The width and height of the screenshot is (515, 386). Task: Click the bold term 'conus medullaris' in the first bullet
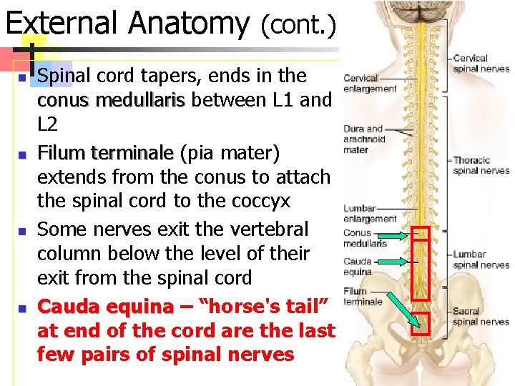[111, 100]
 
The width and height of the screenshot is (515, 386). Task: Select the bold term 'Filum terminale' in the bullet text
[105, 152]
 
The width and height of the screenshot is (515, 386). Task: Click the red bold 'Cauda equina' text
[105, 307]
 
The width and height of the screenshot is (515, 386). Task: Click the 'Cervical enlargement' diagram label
[370, 84]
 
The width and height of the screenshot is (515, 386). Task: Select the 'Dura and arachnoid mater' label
[364, 139]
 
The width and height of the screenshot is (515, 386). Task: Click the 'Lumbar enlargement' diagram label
[369, 214]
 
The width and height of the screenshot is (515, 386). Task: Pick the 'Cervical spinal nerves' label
[481, 64]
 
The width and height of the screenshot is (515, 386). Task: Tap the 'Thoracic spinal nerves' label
[481, 165]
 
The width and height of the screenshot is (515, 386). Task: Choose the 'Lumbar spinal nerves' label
[481, 259]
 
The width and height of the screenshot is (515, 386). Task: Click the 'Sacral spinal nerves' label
[481, 317]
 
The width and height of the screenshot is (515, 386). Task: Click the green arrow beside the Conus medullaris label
[396, 235]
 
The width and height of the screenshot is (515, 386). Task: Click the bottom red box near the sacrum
[421, 324]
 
